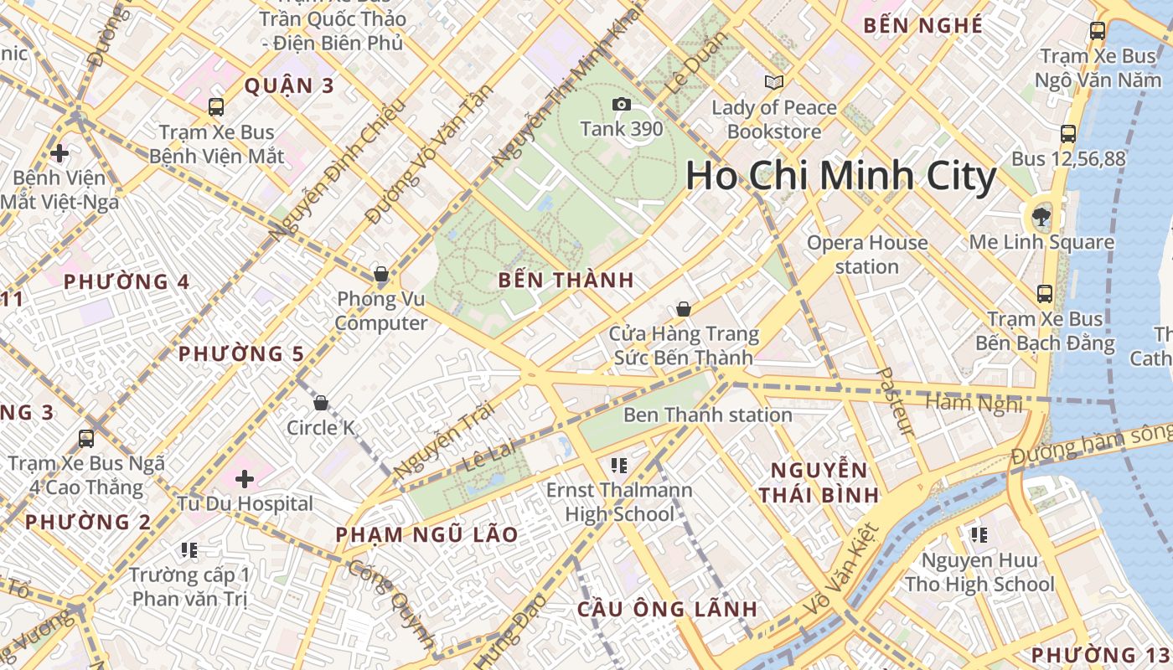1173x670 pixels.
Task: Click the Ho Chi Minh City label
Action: (841, 177)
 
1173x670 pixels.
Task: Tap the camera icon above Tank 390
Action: (621, 104)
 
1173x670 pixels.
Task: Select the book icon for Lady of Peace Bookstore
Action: (773, 82)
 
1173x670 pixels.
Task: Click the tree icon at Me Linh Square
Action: (1041, 217)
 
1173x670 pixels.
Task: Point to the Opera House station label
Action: (867, 255)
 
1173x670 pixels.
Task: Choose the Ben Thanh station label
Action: (708, 415)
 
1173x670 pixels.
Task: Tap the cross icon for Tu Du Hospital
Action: (245, 479)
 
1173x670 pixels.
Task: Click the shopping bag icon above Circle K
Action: (320, 404)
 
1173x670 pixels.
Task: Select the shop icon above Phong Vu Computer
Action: (380, 274)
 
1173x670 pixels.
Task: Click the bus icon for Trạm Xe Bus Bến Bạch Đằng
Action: (1045, 294)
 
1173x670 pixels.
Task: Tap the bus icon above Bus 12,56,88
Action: (1067, 134)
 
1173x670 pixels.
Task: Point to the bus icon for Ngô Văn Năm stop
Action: (1097, 31)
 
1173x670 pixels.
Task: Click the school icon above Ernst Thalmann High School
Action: (619, 465)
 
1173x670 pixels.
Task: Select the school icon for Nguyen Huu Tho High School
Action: (979, 534)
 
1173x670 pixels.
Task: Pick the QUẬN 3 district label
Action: (289, 85)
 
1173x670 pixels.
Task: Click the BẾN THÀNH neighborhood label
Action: (566, 281)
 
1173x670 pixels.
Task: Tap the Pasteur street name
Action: (894, 402)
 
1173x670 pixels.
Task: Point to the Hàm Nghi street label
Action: (974, 405)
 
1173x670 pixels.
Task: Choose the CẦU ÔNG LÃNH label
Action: (667, 609)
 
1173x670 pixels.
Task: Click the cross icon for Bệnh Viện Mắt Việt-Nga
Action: (59, 153)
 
